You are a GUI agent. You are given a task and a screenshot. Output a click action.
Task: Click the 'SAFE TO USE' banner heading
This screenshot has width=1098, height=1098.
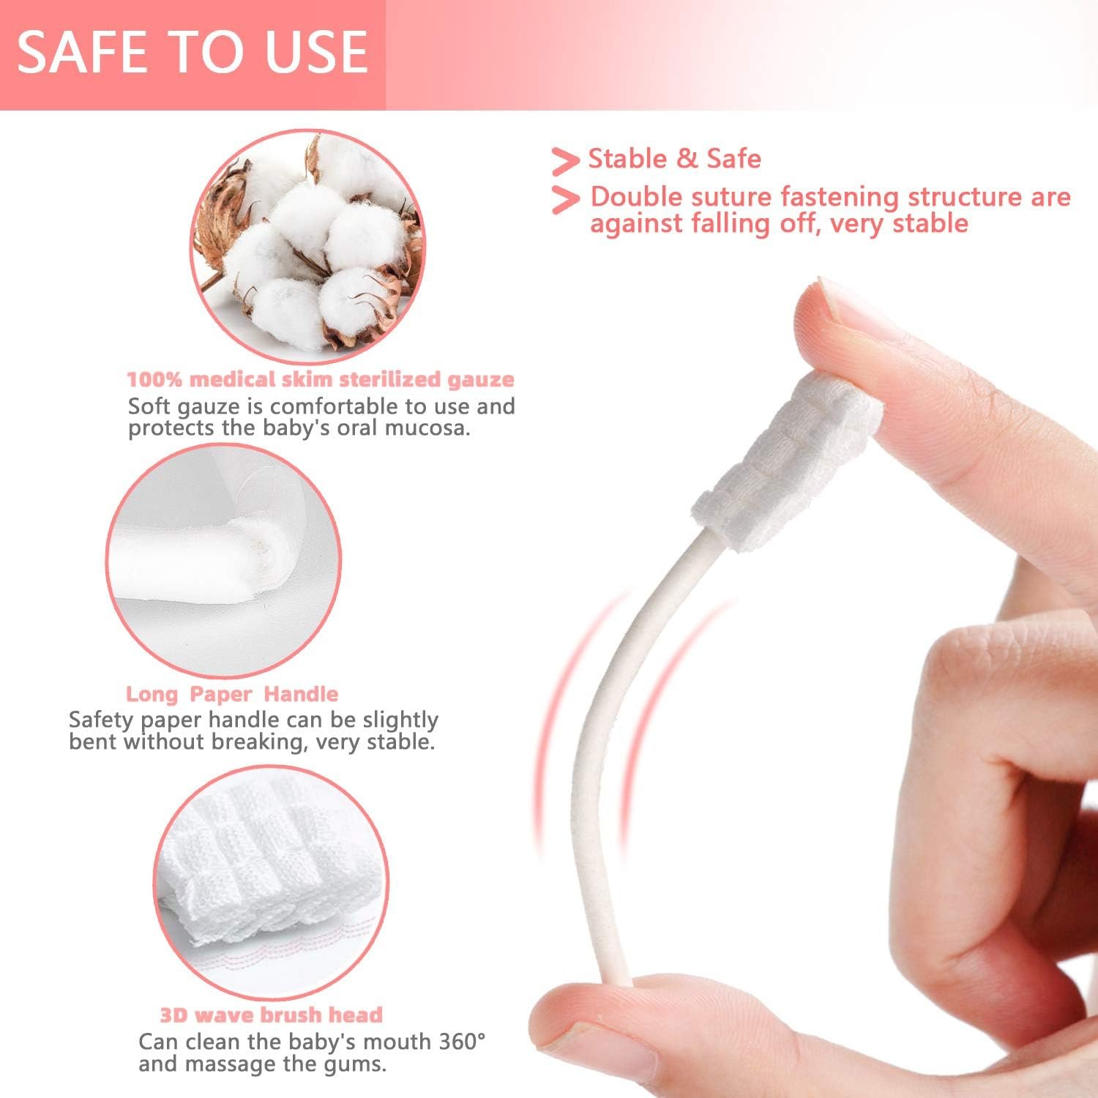pyautogui.click(x=192, y=52)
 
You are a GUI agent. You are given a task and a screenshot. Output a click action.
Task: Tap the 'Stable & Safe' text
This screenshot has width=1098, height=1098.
pyautogui.click(x=674, y=159)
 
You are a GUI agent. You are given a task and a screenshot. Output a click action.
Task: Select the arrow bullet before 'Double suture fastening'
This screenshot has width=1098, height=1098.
pyautogui.click(x=565, y=199)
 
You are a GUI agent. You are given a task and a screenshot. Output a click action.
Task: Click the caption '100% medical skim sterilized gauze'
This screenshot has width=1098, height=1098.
pyautogui.click(x=321, y=379)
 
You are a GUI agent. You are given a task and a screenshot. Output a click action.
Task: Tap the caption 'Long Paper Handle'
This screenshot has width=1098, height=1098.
pyautogui.click(x=232, y=694)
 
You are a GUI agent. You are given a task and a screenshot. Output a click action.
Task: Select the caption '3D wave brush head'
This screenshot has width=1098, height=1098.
pyautogui.click(x=271, y=1015)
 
